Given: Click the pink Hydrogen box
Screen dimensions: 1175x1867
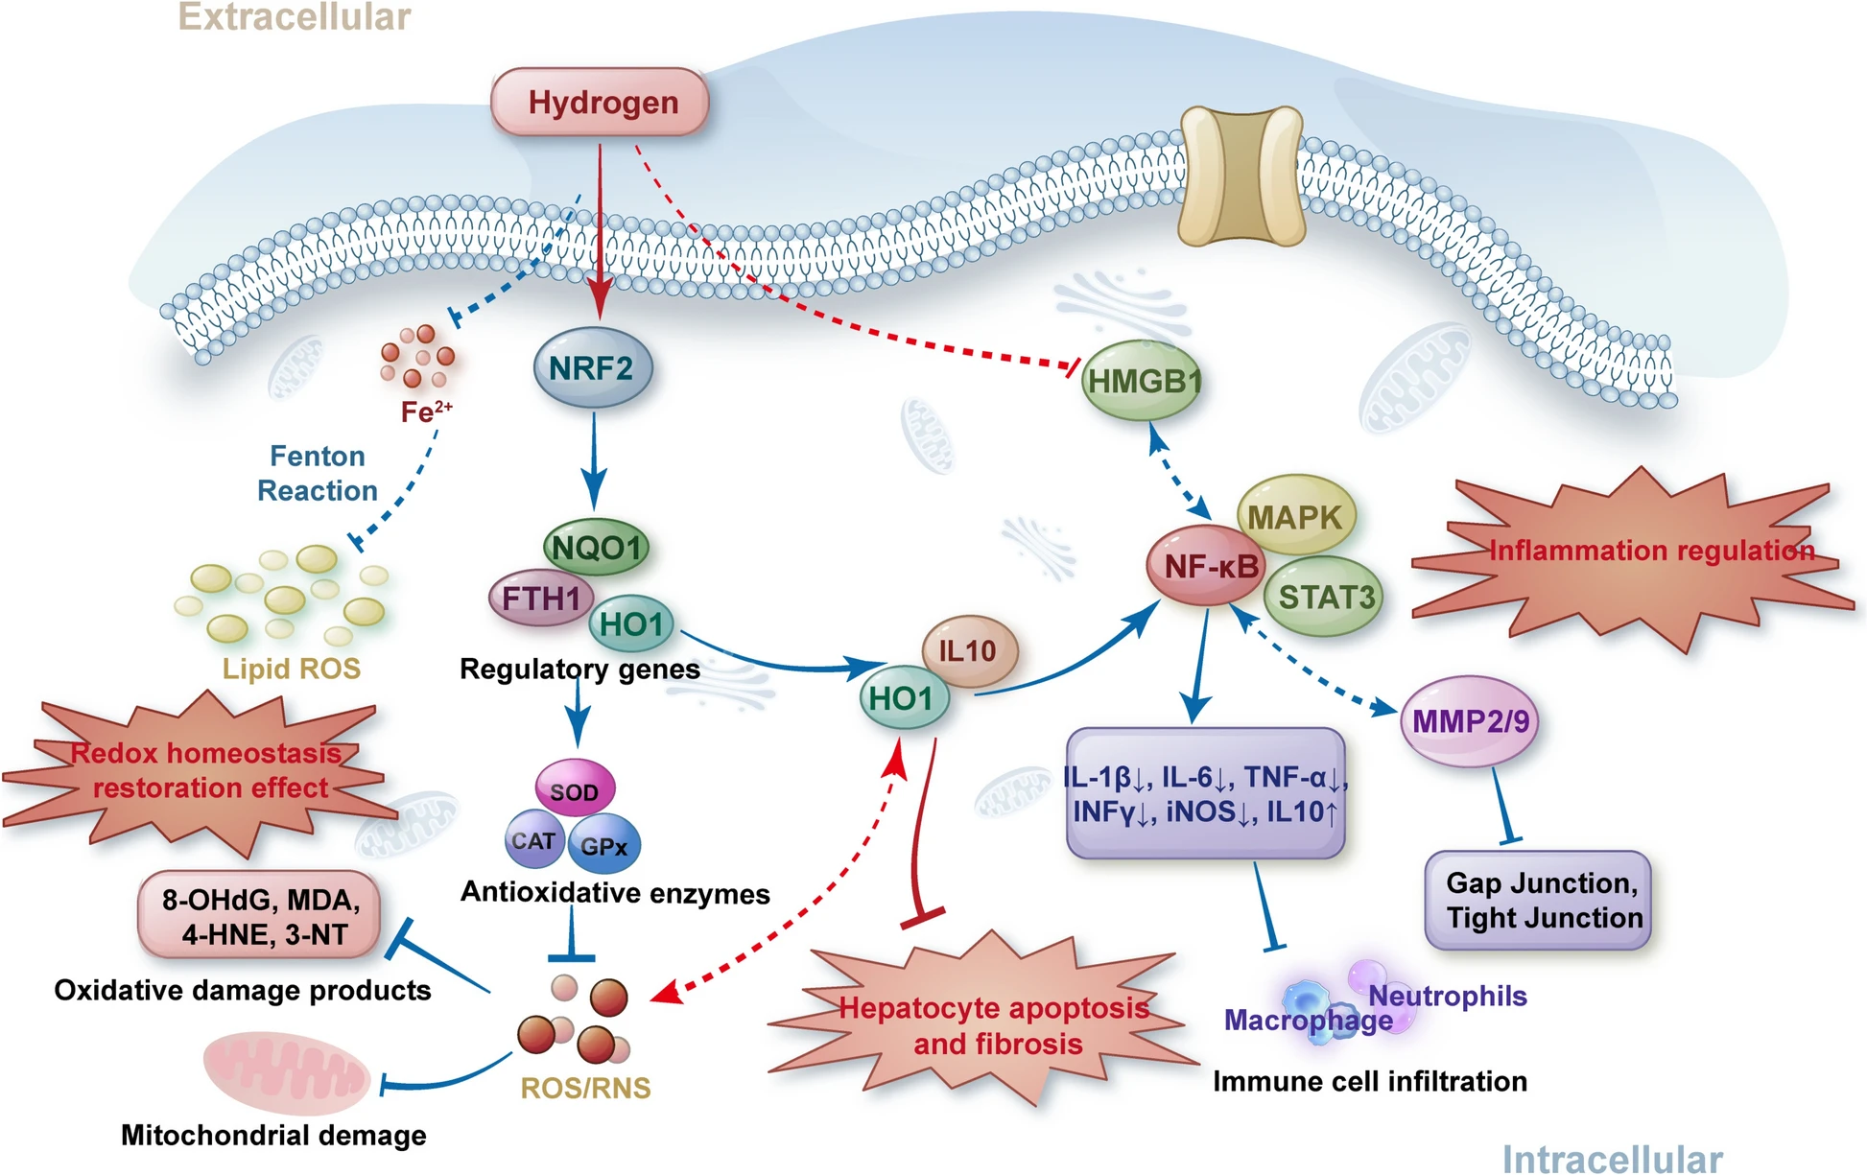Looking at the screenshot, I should click(x=601, y=102).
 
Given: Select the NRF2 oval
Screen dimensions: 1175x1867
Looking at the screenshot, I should click(x=592, y=368).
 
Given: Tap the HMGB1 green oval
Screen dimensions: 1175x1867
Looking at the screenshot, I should click(x=1142, y=382).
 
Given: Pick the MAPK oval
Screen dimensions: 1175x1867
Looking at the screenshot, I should click(x=1295, y=516).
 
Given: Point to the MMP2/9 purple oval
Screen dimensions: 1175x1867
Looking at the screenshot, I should click(x=1470, y=721).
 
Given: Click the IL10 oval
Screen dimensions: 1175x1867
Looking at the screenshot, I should click(x=969, y=651).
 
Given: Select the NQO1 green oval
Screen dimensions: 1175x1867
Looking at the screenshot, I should click(x=596, y=548).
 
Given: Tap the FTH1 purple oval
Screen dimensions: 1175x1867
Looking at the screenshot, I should click(x=539, y=599).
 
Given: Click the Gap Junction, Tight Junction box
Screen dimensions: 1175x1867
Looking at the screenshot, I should click(x=1538, y=901).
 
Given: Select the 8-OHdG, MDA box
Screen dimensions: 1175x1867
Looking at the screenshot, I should click(x=259, y=916).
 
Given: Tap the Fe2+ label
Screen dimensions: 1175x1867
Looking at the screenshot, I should click(x=426, y=412).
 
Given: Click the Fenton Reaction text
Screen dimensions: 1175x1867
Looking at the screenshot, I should click(x=318, y=473).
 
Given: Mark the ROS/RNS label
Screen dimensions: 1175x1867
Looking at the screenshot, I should click(x=585, y=1088).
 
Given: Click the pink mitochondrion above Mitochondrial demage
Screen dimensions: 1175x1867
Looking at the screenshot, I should click(x=286, y=1073).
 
